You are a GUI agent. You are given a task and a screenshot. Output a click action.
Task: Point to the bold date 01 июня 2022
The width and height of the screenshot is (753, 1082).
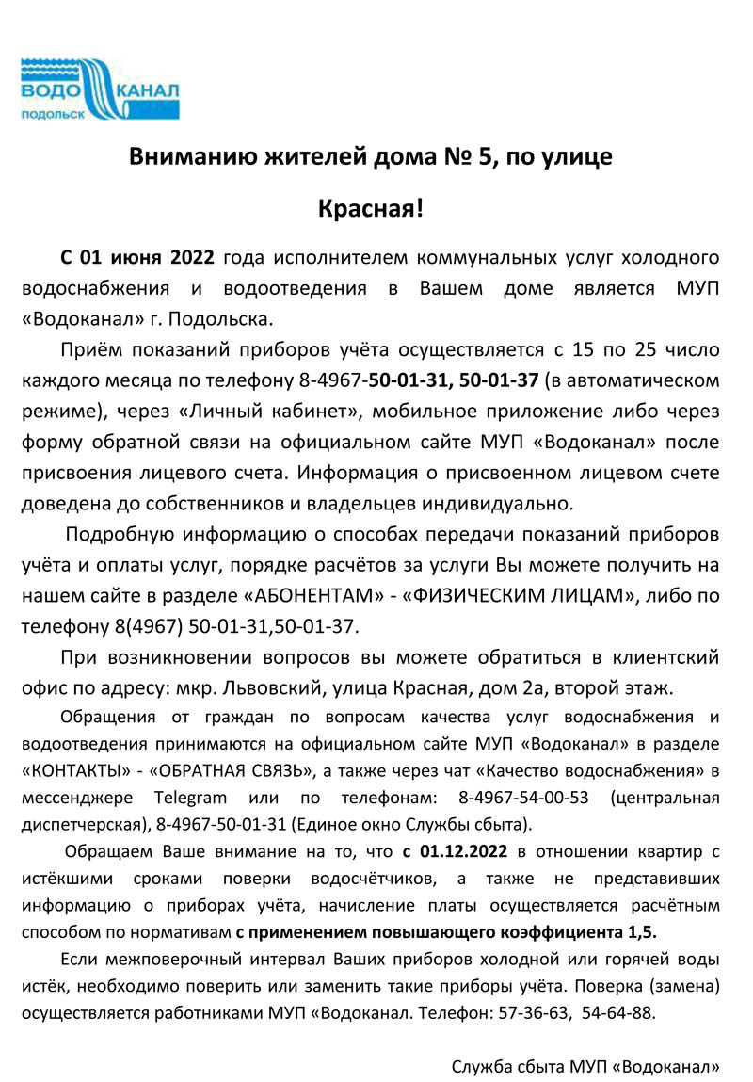[138, 258]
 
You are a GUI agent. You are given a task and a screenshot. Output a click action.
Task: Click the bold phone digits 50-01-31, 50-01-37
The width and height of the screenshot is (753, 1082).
[454, 380]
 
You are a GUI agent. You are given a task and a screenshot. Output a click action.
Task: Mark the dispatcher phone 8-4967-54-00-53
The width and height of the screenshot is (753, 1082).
[523, 799]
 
